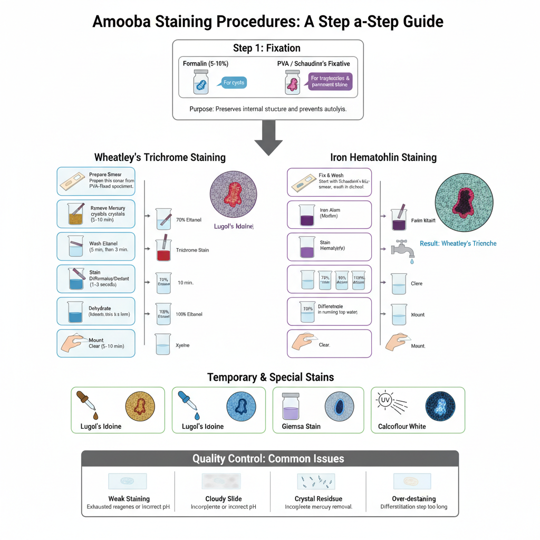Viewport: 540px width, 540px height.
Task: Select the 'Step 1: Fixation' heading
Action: pyautogui.click(x=267, y=49)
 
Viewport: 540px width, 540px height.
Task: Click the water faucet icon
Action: pyautogui.click(x=402, y=247)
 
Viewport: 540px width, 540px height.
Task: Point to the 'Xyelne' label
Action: pyautogui.click(x=182, y=345)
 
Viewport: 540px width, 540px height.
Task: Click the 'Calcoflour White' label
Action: pyautogui.click(x=401, y=426)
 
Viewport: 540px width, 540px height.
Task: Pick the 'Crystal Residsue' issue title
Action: pyautogui.click(x=316, y=498)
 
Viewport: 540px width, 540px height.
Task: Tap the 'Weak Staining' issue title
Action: pyautogui.click(x=129, y=498)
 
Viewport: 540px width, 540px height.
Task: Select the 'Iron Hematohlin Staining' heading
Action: pyautogui.click(x=383, y=157)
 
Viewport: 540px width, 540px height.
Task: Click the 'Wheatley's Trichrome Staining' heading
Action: pyautogui.click(x=160, y=157)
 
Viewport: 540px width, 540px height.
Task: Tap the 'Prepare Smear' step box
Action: pyautogui.click(x=96, y=182)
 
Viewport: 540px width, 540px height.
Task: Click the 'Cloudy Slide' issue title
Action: pyautogui.click(x=224, y=498)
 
